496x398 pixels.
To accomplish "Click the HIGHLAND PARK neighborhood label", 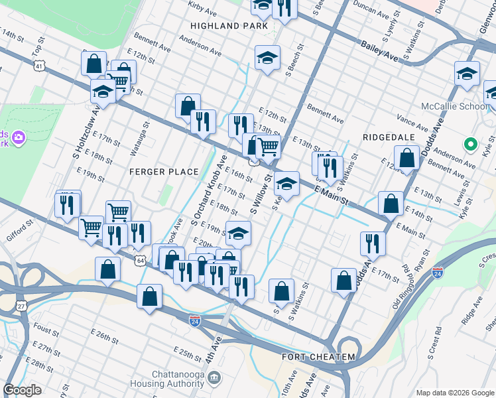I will click(x=229, y=26).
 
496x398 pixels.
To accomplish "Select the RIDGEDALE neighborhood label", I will click(x=388, y=136).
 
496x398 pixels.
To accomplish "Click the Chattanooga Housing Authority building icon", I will click(x=214, y=378).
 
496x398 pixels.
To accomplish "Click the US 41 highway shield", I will click(x=40, y=66).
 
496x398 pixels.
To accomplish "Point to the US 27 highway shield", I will click(x=22, y=306).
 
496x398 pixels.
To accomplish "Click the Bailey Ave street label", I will click(x=379, y=51).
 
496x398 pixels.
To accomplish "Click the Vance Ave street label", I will click(x=412, y=123).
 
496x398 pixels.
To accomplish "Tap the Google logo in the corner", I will click(x=23, y=390).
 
